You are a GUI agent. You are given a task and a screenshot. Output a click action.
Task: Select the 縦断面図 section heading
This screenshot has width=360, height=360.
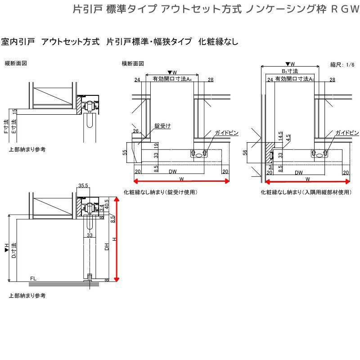16,63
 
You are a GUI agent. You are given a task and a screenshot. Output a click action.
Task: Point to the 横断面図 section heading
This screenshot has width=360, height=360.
133,63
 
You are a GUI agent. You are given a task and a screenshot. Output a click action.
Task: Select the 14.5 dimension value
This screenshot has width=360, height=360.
280,136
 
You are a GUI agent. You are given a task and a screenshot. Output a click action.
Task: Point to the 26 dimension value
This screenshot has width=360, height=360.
135,131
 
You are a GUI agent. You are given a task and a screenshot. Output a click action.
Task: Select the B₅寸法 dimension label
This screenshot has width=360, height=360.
290,71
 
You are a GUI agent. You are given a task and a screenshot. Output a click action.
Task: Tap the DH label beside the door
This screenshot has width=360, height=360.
107,246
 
